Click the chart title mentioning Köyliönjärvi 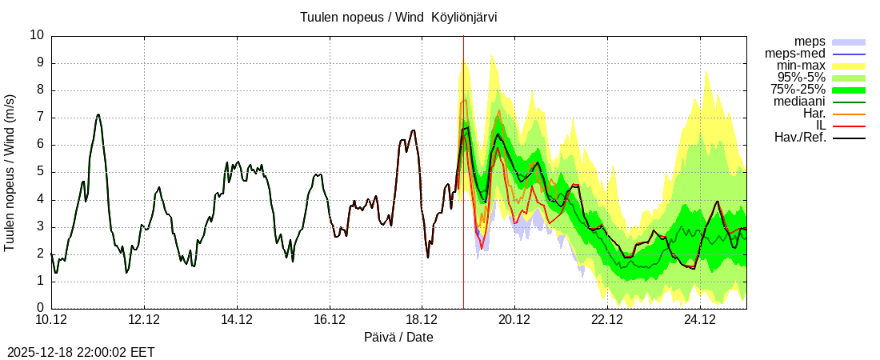pyautogui.click(x=403, y=17)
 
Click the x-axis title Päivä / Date pyautogui.click(x=398, y=337)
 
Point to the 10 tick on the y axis pyautogui.click(x=37, y=35)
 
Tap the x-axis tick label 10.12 pyautogui.click(x=51, y=320)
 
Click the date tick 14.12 pyautogui.click(x=237, y=320)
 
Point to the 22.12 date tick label pyautogui.click(x=607, y=320)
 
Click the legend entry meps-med pyautogui.click(x=795, y=54)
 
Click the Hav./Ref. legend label pyautogui.click(x=800, y=138)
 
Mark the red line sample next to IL pyautogui.click(x=849, y=126)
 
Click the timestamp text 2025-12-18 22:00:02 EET pyautogui.click(x=81, y=352)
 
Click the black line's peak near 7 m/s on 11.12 pyautogui.click(x=98, y=114)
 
